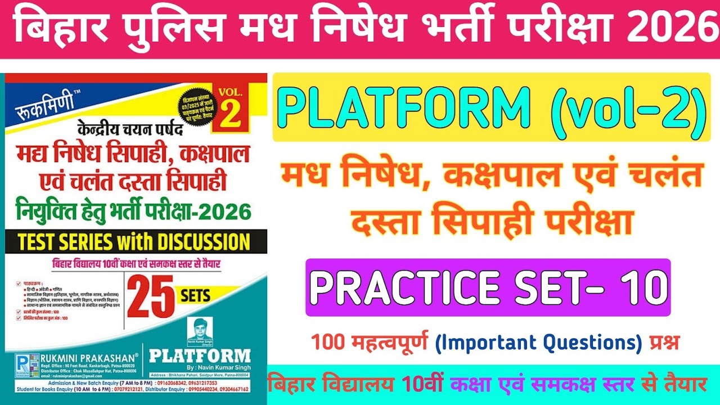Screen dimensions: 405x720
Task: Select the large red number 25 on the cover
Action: [x=151, y=298]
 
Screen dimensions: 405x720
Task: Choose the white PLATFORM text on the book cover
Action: [x=200, y=356]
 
